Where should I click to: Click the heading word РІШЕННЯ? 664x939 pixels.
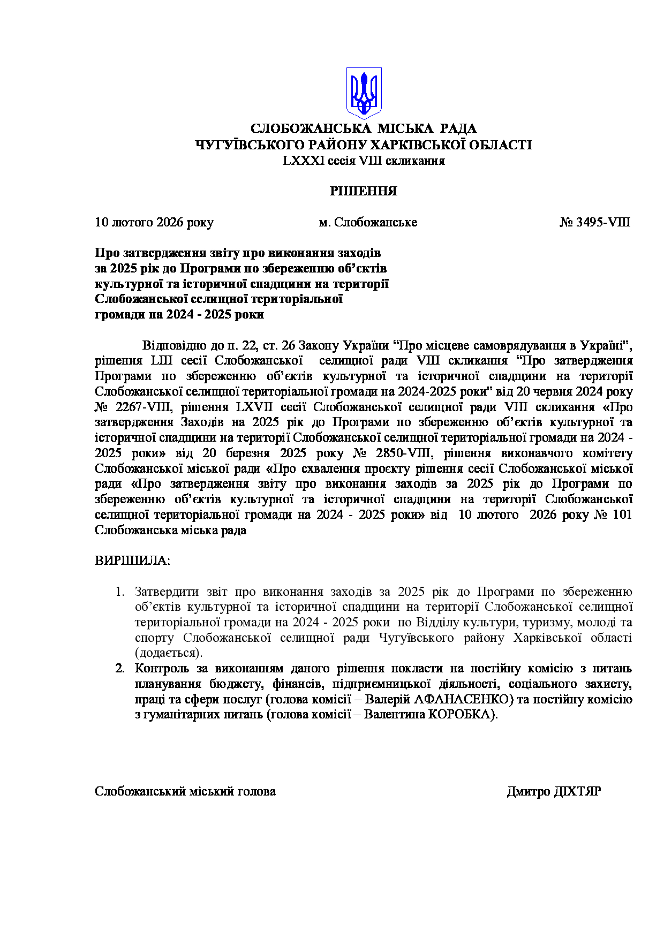pyautogui.click(x=363, y=191)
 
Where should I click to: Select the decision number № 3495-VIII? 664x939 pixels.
pyautogui.click(x=595, y=222)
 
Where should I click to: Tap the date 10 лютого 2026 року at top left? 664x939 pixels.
pyautogui.click(x=154, y=222)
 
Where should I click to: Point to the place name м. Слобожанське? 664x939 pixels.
pyautogui.click(x=368, y=222)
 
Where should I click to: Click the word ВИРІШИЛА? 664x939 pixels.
pyautogui.click(x=132, y=561)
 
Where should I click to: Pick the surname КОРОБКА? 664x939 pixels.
pyautogui.click(x=459, y=715)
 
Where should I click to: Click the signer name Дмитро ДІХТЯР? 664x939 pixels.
pyautogui.click(x=554, y=792)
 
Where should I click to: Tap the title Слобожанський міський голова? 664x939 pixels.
pyautogui.click(x=185, y=792)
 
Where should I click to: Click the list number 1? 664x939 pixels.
pyautogui.click(x=120, y=592)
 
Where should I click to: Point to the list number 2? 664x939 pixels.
pyautogui.click(x=120, y=669)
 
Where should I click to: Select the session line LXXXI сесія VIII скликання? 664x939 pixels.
pyautogui.click(x=364, y=161)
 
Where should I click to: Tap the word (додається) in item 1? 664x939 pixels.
pyautogui.click(x=169, y=653)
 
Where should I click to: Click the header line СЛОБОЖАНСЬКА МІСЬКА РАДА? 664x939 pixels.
pyautogui.click(x=364, y=128)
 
